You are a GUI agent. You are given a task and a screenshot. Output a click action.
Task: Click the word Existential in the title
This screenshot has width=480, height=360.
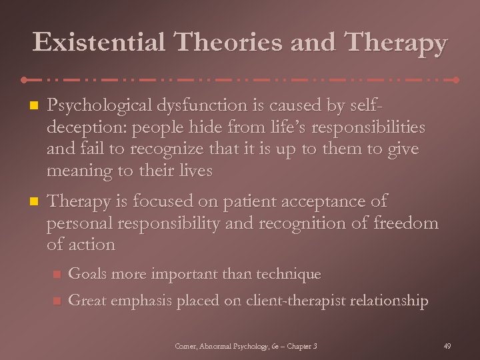[x=99, y=43]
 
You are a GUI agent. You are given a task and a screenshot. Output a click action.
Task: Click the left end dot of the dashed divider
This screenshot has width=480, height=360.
[x=25, y=79]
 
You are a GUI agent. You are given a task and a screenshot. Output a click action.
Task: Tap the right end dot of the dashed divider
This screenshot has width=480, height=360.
[x=456, y=79]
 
